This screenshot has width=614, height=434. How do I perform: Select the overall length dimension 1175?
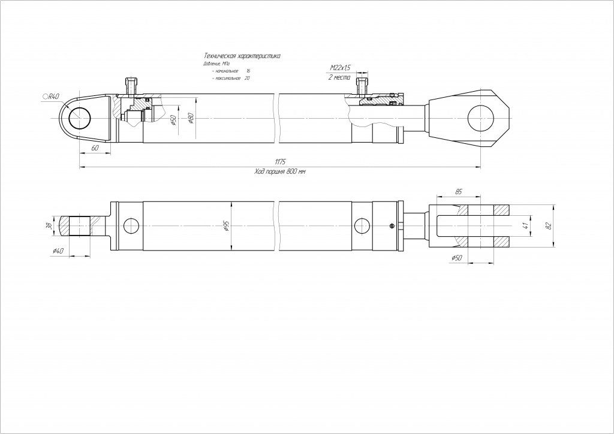280,162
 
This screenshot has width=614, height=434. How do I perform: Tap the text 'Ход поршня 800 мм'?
280,171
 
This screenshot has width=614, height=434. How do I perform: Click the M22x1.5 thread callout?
340,69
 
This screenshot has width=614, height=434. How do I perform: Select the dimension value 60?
95,147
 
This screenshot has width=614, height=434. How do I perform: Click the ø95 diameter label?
225,226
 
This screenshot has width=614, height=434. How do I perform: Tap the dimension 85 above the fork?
459,192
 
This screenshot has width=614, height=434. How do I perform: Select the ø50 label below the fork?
458,258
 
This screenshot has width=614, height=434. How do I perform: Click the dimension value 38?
49,226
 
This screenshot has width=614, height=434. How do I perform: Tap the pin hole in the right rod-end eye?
480,118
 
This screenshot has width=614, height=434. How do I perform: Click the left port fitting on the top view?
132,85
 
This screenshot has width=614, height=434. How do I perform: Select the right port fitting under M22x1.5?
362,85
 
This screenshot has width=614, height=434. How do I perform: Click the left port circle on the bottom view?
130,226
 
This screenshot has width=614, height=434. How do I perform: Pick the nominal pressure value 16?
248,71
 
